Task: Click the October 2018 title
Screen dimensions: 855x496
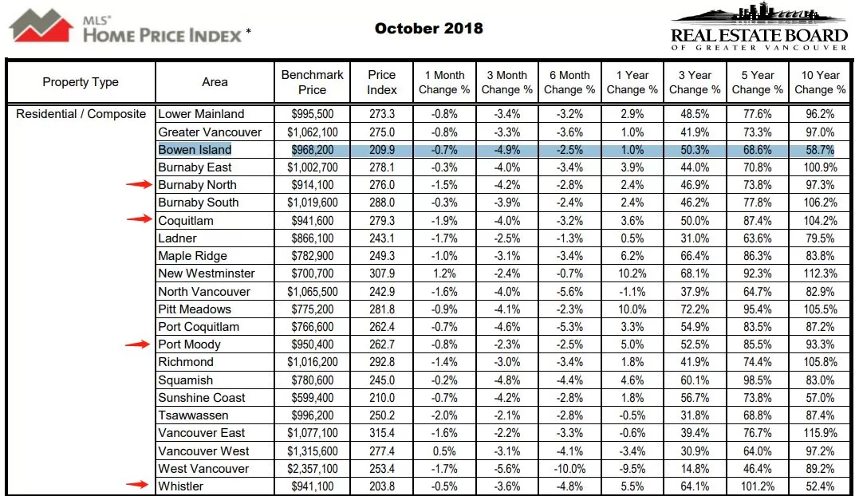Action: [428, 29]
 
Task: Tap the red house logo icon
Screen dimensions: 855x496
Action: [41, 25]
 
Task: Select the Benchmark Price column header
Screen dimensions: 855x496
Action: [313, 82]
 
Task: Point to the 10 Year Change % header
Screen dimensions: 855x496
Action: [820, 82]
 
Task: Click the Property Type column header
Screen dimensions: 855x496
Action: [81, 82]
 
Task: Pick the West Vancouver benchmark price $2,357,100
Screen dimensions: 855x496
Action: [313, 469]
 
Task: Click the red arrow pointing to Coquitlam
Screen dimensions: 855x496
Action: [139, 219]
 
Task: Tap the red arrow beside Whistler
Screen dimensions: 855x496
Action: [137, 484]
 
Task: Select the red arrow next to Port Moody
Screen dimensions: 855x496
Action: [137, 344]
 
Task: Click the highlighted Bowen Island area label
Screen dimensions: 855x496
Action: [195, 150]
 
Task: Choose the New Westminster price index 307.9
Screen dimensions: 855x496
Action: [382, 274]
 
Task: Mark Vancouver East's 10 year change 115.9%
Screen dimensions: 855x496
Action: [820, 433]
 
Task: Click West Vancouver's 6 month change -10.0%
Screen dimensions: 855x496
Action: [569, 469]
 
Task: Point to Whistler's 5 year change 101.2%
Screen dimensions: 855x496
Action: [758, 486]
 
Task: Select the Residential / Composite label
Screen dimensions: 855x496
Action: [81, 115]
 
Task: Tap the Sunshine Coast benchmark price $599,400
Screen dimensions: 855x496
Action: [313, 398]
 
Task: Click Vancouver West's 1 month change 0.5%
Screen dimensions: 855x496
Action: [444, 451]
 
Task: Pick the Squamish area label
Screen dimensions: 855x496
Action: [185, 380]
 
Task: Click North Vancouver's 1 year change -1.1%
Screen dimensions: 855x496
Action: [632, 292]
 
